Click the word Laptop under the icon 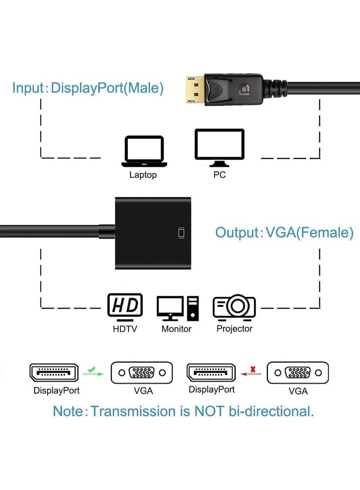pyautogui.click(x=143, y=175)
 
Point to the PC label pyautogui.click(x=220, y=175)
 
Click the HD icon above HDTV pyautogui.click(x=125, y=306)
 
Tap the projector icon pyautogui.click(x=234, y=307)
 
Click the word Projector pyautogui.click(x=234, y=329)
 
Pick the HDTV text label pyautogui.click(x=125, y=329)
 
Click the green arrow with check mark pyautogui.click(x=93, y=371)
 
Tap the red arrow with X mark pyautogui.click(x=251, y=371)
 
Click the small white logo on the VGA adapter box pyautogui.click(x=181, y=233)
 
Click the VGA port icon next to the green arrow pyautogui.click(x=142, y=373)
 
